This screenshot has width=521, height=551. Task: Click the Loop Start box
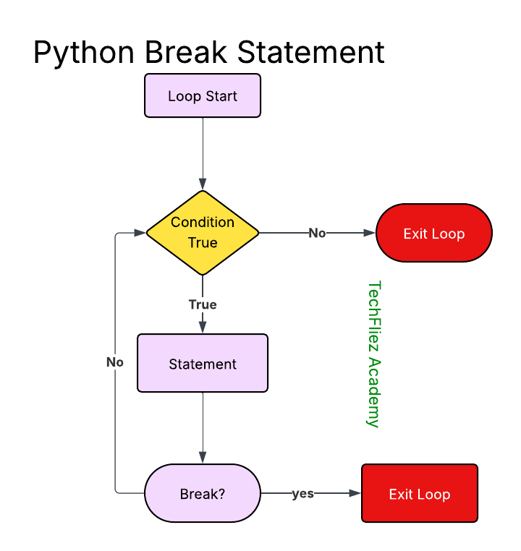click(x=203, y=96)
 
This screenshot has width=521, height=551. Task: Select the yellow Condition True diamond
click(x=203, y=232)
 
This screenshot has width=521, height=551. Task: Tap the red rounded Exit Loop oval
click(x=434, y=234)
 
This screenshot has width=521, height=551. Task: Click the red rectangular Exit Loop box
click(x=420, y=494)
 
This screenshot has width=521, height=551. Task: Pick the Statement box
click(x=203, y=364)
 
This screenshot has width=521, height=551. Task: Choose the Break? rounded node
click(x=203, y=495)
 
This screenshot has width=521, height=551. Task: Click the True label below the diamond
click(x=203, y=304)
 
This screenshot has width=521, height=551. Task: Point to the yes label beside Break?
click(x=302, y=493)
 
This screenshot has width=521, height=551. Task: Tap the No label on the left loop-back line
click(x=115, y=362)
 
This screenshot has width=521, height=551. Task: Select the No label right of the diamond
click(x=317, y=233)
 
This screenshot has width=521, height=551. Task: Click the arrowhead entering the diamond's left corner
click(x=140, y=233)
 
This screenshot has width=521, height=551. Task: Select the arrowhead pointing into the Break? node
click(x=203, y=457)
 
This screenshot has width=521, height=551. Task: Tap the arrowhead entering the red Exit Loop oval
click(x=370, y=233)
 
